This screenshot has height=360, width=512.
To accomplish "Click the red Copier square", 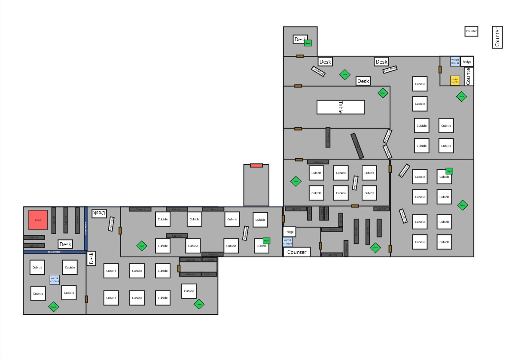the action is coord(38,220).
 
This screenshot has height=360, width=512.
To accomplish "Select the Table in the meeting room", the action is coord(341,107).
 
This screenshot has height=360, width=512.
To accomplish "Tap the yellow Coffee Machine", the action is coord(455,80).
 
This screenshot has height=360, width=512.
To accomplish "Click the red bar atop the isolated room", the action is coord(256,165).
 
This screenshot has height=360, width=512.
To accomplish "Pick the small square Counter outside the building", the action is coord(471,31).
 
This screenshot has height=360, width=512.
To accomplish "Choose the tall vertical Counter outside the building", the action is coord(497,37).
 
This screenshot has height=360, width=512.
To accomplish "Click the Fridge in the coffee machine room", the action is coord(467,62).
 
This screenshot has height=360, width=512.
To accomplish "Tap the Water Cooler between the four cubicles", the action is coord(55,280).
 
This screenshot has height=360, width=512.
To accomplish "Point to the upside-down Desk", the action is coord(99,213).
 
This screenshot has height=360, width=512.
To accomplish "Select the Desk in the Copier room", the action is coord(65,244).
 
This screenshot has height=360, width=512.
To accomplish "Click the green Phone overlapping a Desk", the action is coord(308,43).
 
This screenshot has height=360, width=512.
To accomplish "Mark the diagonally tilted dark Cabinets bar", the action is coord(357,146).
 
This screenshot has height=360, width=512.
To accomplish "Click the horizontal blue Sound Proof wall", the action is coord(55,252).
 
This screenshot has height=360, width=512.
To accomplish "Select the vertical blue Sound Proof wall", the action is coord(85,228).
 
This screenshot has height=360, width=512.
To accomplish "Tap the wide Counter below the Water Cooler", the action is coord(297,252).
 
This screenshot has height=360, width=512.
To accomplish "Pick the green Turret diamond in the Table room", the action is coord(383,93).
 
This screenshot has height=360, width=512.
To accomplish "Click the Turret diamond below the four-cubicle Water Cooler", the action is coord(54,306).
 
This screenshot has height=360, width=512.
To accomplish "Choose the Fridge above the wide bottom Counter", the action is coord(290,232).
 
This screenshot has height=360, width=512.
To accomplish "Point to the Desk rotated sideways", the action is coord(91,258).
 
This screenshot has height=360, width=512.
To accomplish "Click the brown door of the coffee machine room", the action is coord(440,69).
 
